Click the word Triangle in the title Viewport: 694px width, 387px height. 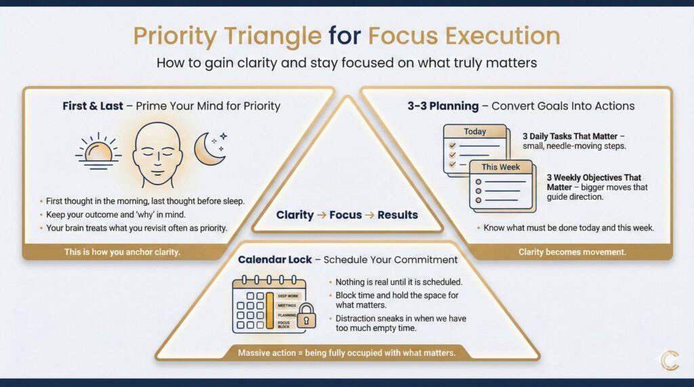point(272,37)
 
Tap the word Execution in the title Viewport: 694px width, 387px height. point(503,36)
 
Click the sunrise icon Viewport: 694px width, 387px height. point(98,152)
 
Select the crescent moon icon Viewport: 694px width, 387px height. point(210,149)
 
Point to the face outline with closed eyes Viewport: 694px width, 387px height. point(157,155)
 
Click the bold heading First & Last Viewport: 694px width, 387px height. point(92,106)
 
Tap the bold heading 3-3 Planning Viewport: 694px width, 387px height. point(443,106)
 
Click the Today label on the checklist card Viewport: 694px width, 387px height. point(475,132)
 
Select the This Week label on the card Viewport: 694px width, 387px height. point(501,167)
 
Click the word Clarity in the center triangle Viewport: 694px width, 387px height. point(295,215)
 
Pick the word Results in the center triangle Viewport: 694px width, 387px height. point(397,215)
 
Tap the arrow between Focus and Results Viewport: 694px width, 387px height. point(369,215)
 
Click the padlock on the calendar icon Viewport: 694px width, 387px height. point(306,316)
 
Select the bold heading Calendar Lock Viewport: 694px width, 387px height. point(275,260)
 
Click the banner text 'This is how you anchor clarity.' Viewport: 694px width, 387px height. point(122,252)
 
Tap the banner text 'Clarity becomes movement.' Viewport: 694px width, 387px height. point(572,252)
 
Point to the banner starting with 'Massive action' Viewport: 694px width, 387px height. point(346,353)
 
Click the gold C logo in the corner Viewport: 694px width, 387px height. point(670,360)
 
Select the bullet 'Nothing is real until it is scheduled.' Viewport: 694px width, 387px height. point(399,282)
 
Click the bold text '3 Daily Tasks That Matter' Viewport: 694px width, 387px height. point(570,137)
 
